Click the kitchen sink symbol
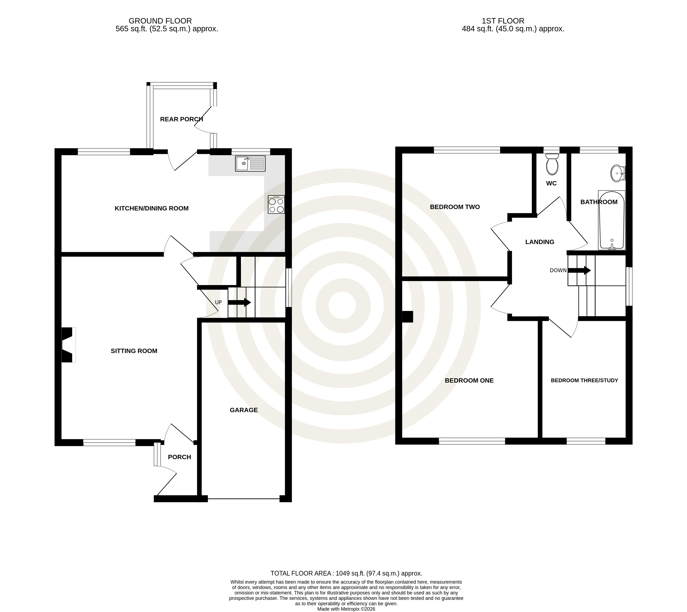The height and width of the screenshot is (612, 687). [250, 163]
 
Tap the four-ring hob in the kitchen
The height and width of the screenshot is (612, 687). [276, 204]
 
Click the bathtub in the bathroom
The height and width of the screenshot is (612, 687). [612, 220]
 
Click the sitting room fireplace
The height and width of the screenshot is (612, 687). [68, 345]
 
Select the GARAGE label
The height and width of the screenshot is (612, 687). [244, 410]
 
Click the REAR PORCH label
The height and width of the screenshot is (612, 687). [182, 119]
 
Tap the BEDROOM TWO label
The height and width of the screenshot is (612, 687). [455, 207]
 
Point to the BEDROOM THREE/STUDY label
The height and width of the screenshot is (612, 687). [584, 380]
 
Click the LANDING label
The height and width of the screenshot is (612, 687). [540, 242]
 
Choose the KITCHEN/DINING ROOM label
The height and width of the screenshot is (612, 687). [152, 208]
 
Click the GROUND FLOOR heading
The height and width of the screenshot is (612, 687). [160, 21]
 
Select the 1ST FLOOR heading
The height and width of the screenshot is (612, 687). [503, 21]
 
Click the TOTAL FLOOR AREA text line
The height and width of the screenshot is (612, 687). [346, 573]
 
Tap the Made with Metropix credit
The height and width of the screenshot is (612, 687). [346, 609]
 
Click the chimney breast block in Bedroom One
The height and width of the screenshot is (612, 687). [408, 317]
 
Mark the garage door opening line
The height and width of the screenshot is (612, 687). [244, 499]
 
